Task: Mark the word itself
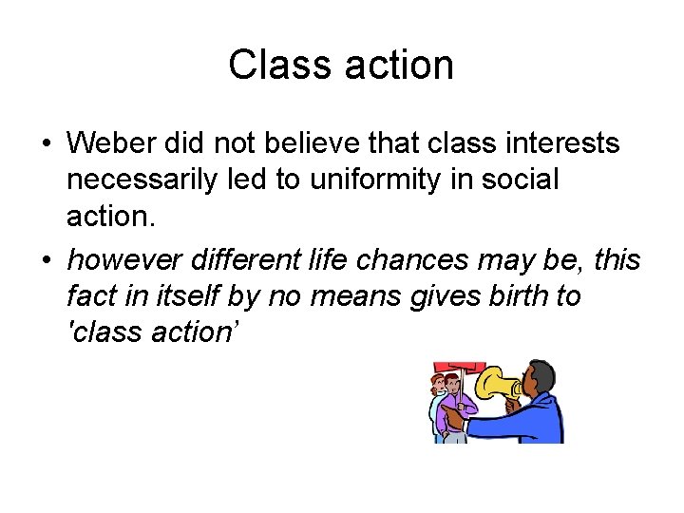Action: coord(191,296)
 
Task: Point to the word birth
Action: coord(515,296)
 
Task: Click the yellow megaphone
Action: coord(498,384)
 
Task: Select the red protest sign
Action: coord(459,368)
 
